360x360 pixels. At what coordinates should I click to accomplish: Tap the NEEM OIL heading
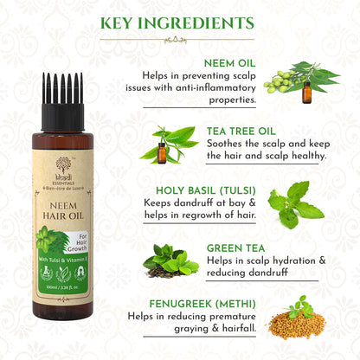229,63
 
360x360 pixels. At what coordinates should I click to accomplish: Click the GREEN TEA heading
236,248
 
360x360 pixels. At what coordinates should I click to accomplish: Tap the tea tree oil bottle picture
162,146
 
